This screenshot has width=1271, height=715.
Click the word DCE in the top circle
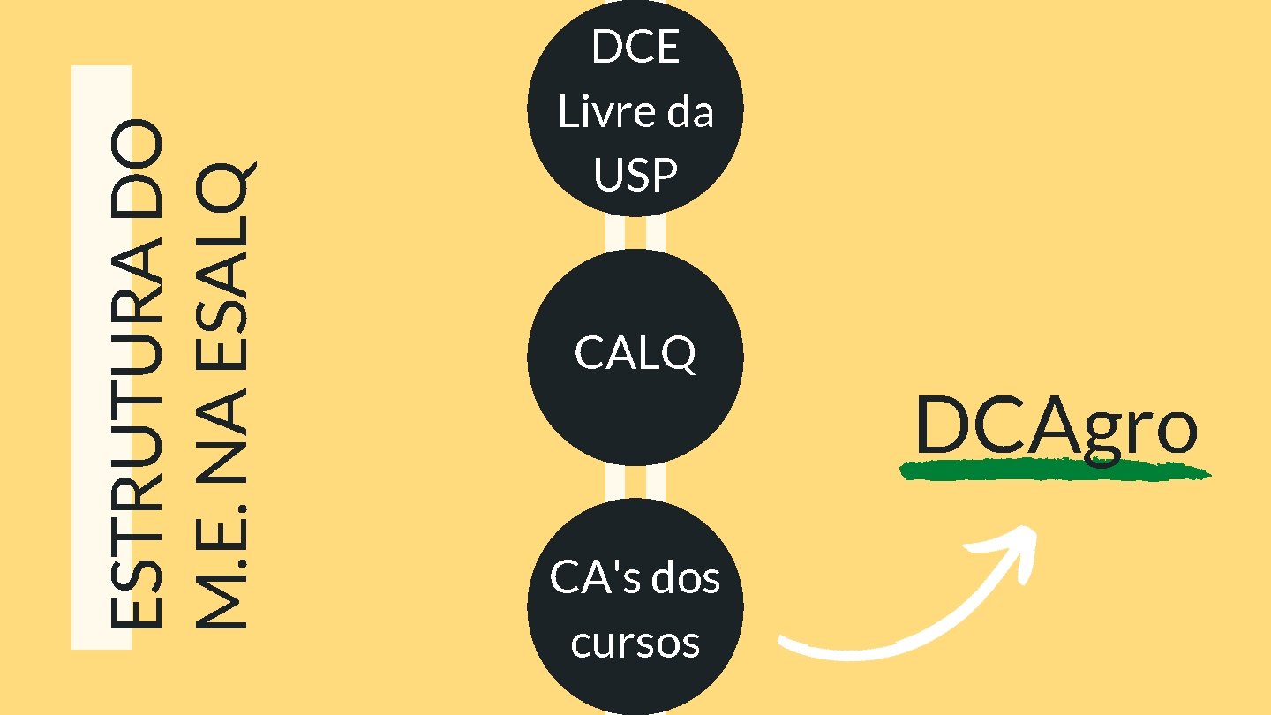click(635, 47)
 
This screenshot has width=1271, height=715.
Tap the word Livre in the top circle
click(598, 112)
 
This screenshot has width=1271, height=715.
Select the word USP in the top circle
click(635, 176)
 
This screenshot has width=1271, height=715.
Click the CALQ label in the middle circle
click(635, 354)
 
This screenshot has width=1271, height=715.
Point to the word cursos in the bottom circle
click(635, 643)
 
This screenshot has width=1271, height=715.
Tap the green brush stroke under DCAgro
click(1055, 472)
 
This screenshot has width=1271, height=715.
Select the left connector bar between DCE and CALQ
click(615, 232)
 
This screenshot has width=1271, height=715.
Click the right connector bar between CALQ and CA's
click(656, 482)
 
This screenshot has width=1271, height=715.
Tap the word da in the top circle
click(689, 112)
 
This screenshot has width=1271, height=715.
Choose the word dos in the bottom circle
click(686, 578)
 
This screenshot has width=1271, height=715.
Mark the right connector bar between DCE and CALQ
click(656, 232)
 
